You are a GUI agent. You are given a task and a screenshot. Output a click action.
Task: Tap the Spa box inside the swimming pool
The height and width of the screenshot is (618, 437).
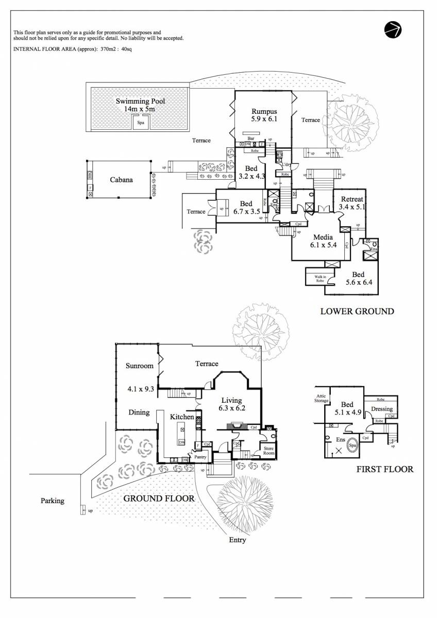coord(140,123)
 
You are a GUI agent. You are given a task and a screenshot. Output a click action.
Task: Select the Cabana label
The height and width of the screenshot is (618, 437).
coord(121,180)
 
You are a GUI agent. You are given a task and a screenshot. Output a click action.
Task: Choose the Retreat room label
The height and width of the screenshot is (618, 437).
coord(352,199)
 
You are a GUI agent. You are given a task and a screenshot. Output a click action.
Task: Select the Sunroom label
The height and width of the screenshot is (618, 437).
coord(140,366)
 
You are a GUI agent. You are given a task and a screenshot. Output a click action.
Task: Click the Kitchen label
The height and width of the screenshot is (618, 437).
coord(182,416)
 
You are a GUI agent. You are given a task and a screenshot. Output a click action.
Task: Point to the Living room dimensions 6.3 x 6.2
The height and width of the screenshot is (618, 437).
coord(231,408)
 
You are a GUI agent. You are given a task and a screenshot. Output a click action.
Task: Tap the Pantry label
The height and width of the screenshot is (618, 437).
coord(200,457)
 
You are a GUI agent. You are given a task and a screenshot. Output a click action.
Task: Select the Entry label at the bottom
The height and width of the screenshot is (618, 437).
coord(237,540)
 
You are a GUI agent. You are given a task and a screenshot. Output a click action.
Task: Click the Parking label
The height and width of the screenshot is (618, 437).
coord(53,501)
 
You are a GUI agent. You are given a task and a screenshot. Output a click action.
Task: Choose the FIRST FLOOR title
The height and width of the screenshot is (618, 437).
coord(384,469)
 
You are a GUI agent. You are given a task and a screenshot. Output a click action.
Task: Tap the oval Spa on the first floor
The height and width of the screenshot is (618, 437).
coord(352,445)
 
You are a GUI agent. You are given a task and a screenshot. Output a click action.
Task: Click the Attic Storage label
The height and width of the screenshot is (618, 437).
coord(322,398)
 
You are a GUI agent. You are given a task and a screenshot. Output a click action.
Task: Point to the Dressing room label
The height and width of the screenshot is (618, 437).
coord(382,409)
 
